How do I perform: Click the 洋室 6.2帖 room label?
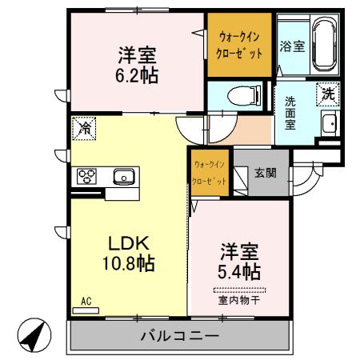pyautogui.click(x=137, y=66)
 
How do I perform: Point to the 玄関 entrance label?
pyautogui.click(x=266, y=171)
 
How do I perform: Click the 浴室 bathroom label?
pyautogui.click(x=292, y=46)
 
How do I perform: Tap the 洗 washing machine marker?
pyautogui.click(x=327, y=94)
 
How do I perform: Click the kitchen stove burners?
pyautogui.click(x=86, y=176)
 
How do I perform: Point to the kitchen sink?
pyautogui.click(x=123, y=176)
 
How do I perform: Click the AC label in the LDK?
pyautogui.click(x=89, y=301)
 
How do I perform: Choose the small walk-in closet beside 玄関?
pyautogui.click(x=209, y=172)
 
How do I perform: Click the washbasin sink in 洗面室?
pyautogui.click(x=329, y=123)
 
